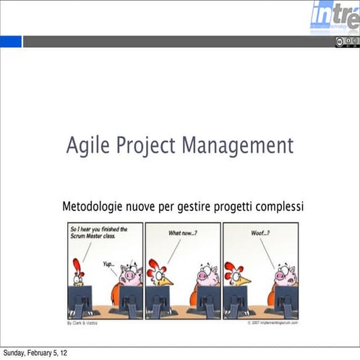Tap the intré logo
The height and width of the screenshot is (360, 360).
pyautogui.click(x=335, y=16)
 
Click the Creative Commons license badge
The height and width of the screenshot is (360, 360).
pyautogui.click(x=346, y=42)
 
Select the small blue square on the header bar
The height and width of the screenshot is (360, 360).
pyautogui.click(x=11, y=42)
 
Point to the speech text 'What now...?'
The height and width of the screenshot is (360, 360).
pyautogui.click(x=182, y=233)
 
